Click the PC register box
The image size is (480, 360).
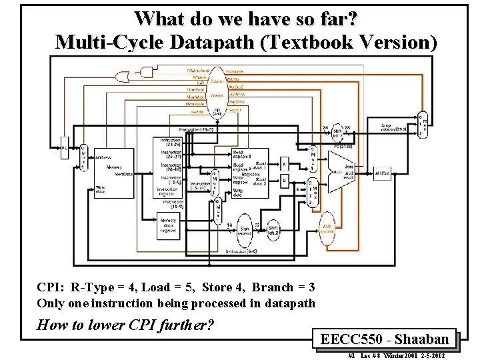click(65, 143)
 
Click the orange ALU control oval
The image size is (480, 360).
click(328, 234)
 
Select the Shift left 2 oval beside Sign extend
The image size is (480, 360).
click(273, 229)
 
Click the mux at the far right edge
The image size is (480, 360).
click(421, 125)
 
